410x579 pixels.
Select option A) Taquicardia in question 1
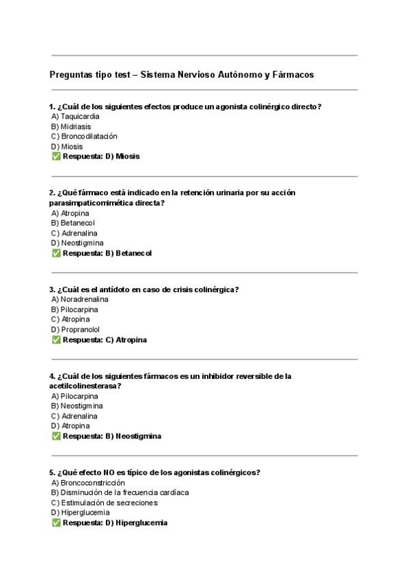point(75,116)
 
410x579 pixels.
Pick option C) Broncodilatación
point(84,137)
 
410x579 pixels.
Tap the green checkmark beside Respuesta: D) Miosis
point(56,156)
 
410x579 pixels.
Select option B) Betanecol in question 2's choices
point(73,223)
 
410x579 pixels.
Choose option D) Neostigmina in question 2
point(77,243)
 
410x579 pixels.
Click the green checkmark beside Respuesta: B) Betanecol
point(56,253)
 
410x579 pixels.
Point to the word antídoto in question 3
point(115,289)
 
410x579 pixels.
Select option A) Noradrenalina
point(80,299)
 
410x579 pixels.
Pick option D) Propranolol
point(75,330)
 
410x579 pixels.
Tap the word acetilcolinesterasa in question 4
point(85,386)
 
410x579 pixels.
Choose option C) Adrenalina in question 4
point(74,416)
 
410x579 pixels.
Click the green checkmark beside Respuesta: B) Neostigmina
point(56,436)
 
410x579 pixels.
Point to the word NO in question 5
point(110,472)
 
